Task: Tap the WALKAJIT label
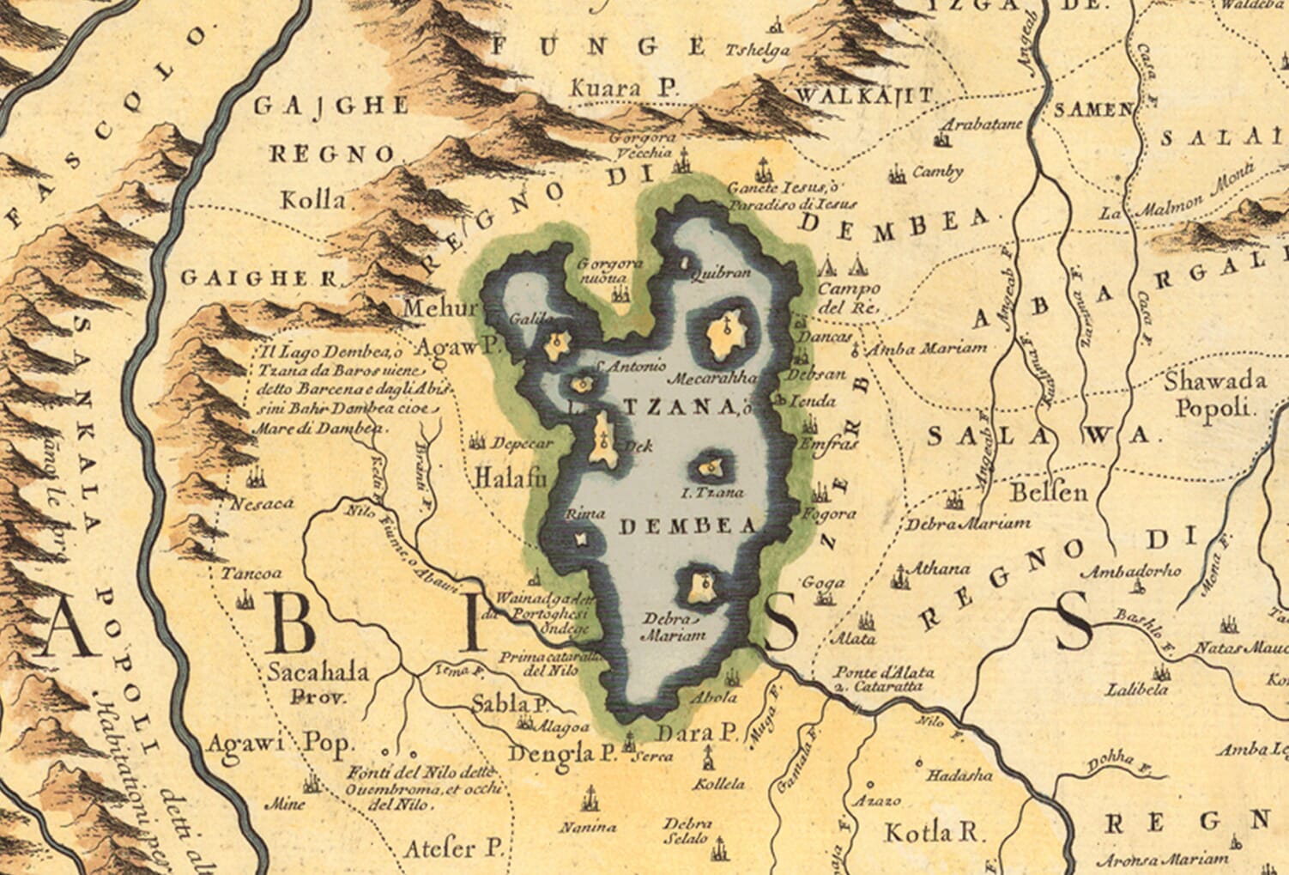864,94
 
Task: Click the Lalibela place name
1136,689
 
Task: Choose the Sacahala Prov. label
318,681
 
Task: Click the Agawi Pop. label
280,742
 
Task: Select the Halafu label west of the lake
510,478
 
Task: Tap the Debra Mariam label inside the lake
673,627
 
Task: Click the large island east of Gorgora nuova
725,335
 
